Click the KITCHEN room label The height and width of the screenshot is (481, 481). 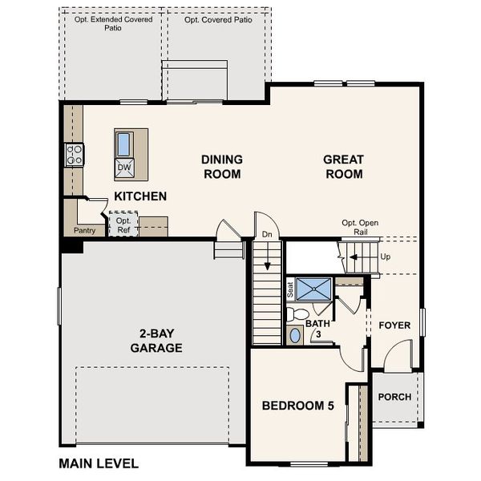(x=140, y=196)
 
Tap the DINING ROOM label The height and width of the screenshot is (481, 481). (x=221, y=167)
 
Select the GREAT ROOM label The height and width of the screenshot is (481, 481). (x=343, y=167)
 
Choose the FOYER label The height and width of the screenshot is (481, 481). (x=394, y=325)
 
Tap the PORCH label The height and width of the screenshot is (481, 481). (x=394, y=397)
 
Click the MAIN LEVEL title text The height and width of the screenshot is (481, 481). (x=99, y=463)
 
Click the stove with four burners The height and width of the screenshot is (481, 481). (x=75, y=154)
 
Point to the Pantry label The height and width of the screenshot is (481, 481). (x=84, y=230)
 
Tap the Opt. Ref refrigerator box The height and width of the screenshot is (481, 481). (x=123, y=225)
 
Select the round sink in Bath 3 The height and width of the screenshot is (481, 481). (x=295, y=335)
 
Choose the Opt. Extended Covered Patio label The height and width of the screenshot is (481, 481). (x=113, y=24)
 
